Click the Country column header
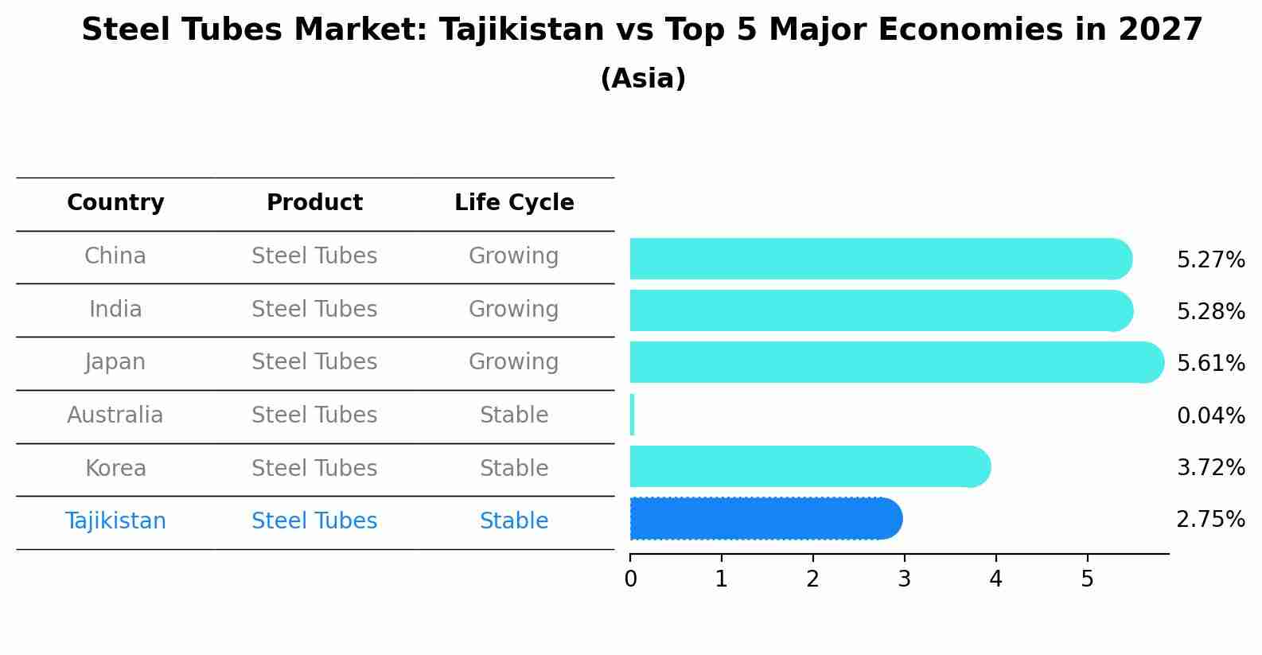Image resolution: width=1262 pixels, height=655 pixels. [115, 203]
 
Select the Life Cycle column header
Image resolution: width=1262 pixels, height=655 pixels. [514, 203]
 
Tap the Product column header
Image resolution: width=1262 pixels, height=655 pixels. [314, 203]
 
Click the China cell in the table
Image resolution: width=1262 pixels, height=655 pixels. [115, 256]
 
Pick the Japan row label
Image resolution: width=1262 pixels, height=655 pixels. [115, 362]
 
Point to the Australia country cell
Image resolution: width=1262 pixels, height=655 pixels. [115, 415]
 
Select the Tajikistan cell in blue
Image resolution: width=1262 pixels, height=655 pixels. [115, 521]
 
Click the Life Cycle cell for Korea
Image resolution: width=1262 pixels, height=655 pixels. [514, 468]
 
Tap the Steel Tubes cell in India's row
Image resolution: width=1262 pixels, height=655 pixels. [314, 310]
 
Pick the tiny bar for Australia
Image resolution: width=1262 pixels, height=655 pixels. [632, 415]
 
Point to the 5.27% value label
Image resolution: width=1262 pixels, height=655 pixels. [1210, 260]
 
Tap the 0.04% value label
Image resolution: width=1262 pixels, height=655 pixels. [1210, 415]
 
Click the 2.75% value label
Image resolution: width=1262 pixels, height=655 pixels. [1210, 520]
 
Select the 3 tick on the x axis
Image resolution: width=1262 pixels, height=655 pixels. [904, 579]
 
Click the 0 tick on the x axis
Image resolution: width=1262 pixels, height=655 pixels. [630, 579]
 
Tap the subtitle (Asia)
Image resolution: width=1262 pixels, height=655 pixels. [643, 79]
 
